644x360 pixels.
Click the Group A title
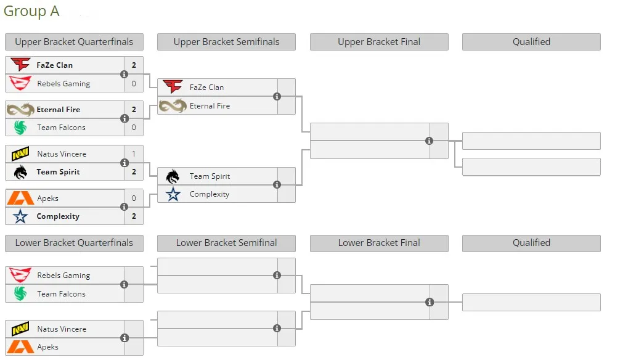(x=31, y=12)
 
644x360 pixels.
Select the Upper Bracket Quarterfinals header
(x=74, y=42)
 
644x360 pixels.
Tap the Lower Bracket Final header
(x=379, y=243)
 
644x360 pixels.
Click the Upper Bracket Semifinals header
(x=226, y=42)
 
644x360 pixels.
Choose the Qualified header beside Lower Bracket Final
(x=531, y=243)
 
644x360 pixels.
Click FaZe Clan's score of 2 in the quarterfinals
(x=134, y=65)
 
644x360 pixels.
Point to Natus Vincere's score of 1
(x=134, y=153)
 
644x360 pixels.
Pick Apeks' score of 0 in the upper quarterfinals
(x=134, y=198)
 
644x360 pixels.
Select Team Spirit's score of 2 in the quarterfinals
(x=134, y=172)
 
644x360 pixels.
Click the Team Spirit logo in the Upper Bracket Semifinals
(x=173, y=176)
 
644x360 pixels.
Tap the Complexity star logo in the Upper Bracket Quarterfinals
(x=20, y=216)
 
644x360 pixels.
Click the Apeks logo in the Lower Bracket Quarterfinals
(x=20, y=347)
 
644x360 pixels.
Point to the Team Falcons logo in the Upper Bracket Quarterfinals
(x=20, y=128)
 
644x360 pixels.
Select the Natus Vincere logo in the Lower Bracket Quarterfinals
(x=20, y=329)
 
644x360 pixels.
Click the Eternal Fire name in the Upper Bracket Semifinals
(x=210, y=106)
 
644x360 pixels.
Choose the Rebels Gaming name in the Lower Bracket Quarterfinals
(x=63, y=276)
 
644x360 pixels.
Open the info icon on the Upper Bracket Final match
(x=429, y=141)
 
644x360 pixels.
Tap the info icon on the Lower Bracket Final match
(x=430, y=303)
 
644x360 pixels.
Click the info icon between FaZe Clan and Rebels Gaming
(x=124, y=75)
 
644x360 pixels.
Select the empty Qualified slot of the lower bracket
(x=531, y=303)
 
